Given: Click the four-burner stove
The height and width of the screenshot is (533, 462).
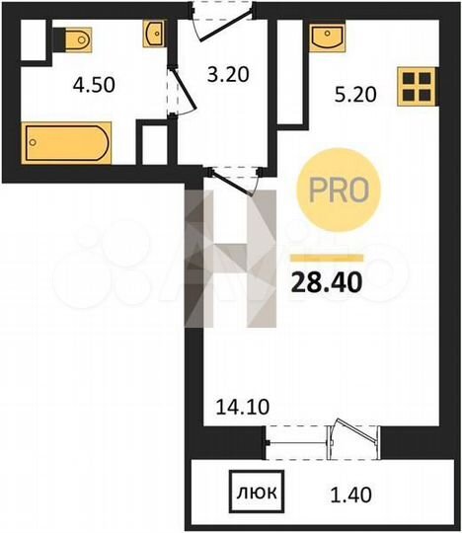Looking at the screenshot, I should pos(417,86).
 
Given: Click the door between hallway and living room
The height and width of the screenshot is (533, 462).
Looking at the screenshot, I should pos(234,182).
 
